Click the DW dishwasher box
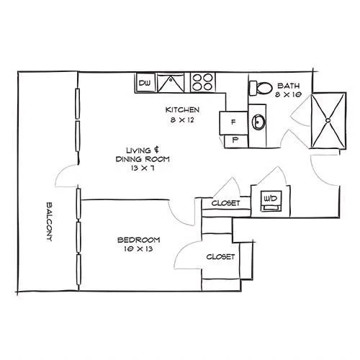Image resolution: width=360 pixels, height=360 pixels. (145, 83)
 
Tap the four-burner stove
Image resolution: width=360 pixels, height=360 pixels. (203, 82)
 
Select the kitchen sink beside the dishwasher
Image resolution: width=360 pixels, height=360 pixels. (171, 83)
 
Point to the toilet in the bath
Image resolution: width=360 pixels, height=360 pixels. (261, 88)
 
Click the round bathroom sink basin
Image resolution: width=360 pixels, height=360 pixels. (258, 122)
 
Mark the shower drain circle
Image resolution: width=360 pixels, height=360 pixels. (328, 120)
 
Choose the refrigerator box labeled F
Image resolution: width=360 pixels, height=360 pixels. (233, 122)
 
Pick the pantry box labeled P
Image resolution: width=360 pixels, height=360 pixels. (235, 141)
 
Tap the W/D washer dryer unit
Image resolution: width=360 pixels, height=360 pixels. (271, 201)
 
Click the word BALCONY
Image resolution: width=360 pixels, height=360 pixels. (49, 222)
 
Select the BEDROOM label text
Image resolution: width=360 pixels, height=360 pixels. (139, 240)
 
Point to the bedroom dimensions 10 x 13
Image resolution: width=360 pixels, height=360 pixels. (139, 249)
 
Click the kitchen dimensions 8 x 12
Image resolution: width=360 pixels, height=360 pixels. (182, 120)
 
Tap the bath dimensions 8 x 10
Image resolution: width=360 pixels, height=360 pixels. (289, 94)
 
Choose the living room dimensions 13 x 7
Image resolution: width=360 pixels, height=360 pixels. (143, 168)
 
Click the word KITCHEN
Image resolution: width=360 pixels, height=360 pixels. (182, 110)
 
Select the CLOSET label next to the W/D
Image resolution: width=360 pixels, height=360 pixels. (225, 203)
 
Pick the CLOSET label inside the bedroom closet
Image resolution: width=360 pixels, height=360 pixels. (220, 257)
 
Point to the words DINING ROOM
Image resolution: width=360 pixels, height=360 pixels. (143, 159)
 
